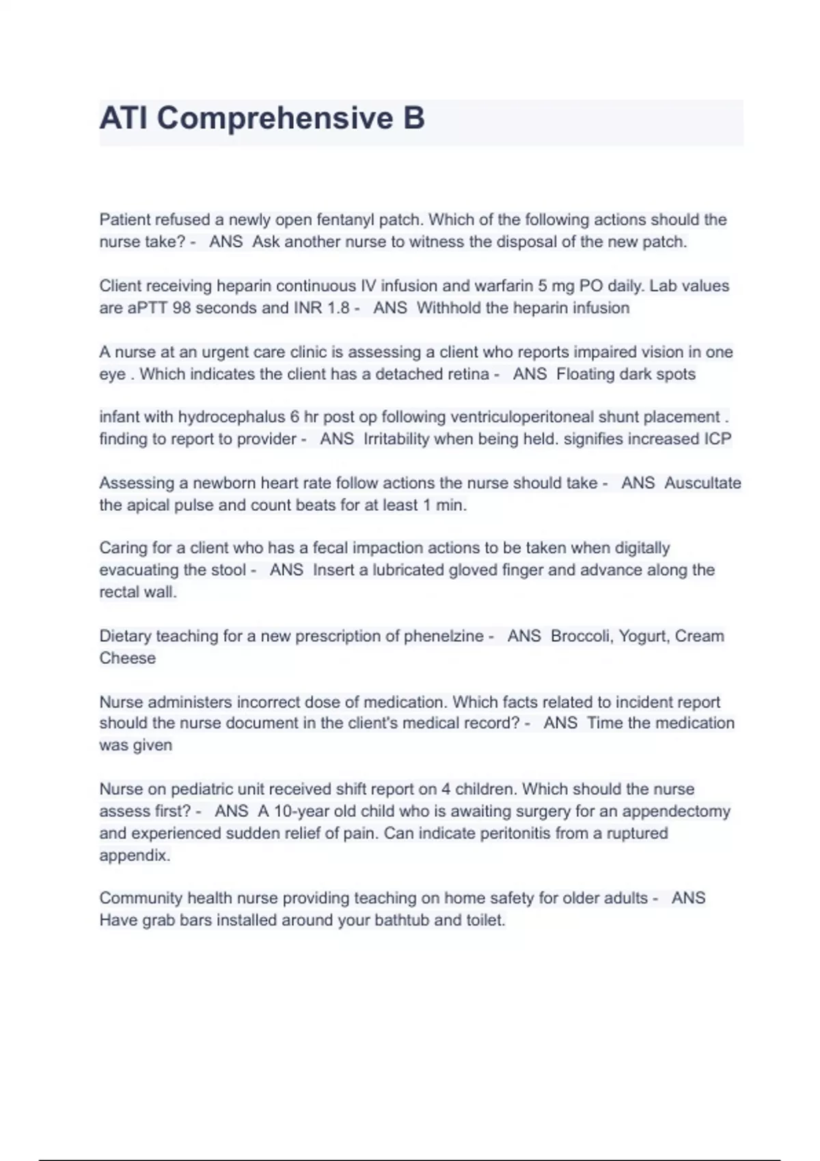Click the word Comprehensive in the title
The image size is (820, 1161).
click(275, 118)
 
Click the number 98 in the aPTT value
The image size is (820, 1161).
click(182, 308)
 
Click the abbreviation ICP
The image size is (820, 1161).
click(717, 439)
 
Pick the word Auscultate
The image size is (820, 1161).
click(702, 483)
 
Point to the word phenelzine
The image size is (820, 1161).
click(444, 636)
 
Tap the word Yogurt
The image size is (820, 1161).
click(644, 636)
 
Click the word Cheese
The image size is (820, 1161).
click(128, 658)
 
